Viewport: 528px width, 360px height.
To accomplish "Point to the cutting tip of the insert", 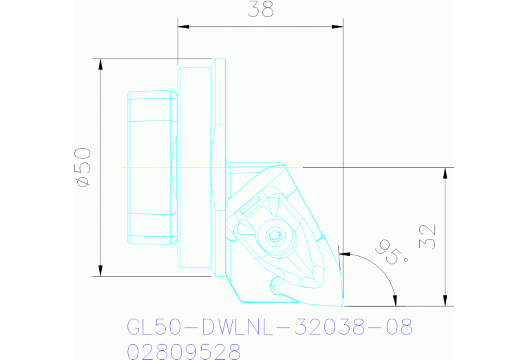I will point(342,304).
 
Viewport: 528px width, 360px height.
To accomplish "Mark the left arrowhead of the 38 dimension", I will point(184,27).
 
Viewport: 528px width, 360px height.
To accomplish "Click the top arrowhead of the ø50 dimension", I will point(101,64).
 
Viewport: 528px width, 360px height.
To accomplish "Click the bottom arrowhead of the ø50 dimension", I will point(101,270).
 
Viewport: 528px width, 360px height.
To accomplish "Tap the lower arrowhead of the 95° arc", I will point(394,300).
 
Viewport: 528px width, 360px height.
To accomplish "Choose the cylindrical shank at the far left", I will point(149,167).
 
